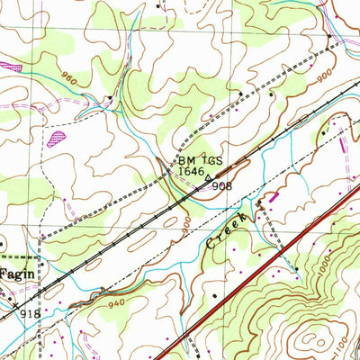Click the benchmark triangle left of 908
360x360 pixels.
click(210, 178)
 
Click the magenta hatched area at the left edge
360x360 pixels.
click(9, 67)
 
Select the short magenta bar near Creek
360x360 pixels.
click(274, 195)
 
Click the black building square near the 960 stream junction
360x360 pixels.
click(111, 96)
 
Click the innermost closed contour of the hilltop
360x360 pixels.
click(312, 340)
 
